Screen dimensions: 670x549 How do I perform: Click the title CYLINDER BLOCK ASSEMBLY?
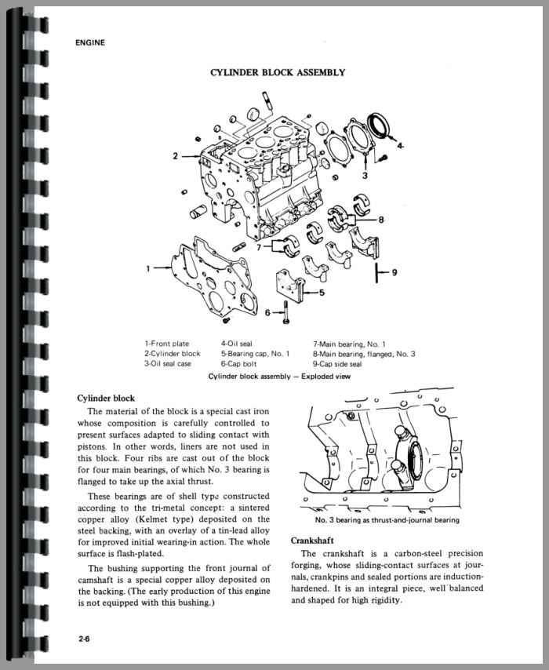coord(277,73)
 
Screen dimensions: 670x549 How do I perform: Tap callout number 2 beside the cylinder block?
coord(176,156)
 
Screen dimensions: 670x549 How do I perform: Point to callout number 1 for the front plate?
coord(148,268)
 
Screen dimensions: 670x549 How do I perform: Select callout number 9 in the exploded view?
coord(394,272)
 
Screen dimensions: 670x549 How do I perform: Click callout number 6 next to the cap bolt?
coord(267,312)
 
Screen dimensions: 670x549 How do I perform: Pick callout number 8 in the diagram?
coord(380,220)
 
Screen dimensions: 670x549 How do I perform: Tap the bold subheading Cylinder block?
coord(106,399)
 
